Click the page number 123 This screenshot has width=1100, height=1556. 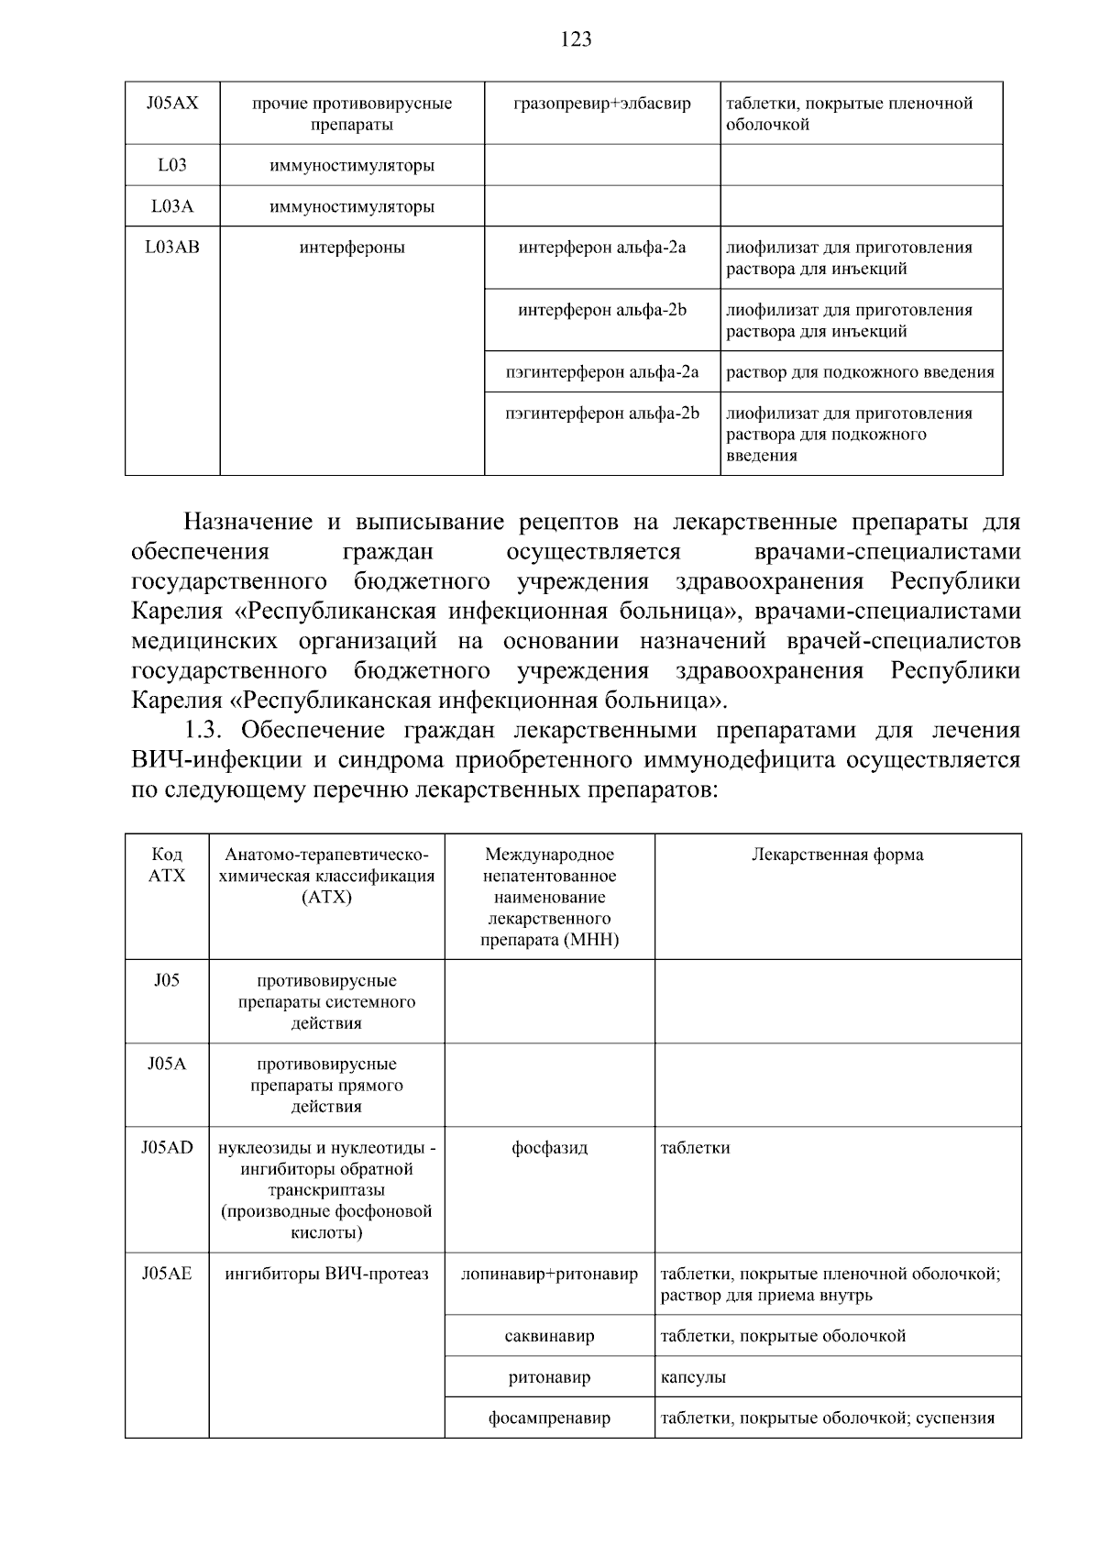tap(576, 39)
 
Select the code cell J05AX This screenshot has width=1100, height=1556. tap(171, 104)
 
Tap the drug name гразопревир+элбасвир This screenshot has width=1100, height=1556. tap(602, 104)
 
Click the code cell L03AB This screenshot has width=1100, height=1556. tap(171, 247)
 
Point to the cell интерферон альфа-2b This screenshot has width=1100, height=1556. tap(602, 310)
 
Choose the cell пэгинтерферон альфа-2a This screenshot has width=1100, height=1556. tap(602, 371)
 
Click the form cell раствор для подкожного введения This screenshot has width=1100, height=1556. tap(860, 371)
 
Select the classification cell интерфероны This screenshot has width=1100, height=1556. tap(352, 247)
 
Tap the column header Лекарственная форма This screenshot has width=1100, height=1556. tap(837, 855)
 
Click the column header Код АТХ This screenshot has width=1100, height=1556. tap(167, 865)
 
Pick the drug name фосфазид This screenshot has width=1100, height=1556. tap(549, 1147)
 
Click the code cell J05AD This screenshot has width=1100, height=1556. tap(167, 1147)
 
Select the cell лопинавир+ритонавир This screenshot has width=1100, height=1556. tap(549, 1274)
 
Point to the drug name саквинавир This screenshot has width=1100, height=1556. tap(549, 1336)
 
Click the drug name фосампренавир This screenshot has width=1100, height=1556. tap(549, 1418)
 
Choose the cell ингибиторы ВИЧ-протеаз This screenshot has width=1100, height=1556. tap(326, 1274)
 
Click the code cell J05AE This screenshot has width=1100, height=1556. tap(167, 1274)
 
